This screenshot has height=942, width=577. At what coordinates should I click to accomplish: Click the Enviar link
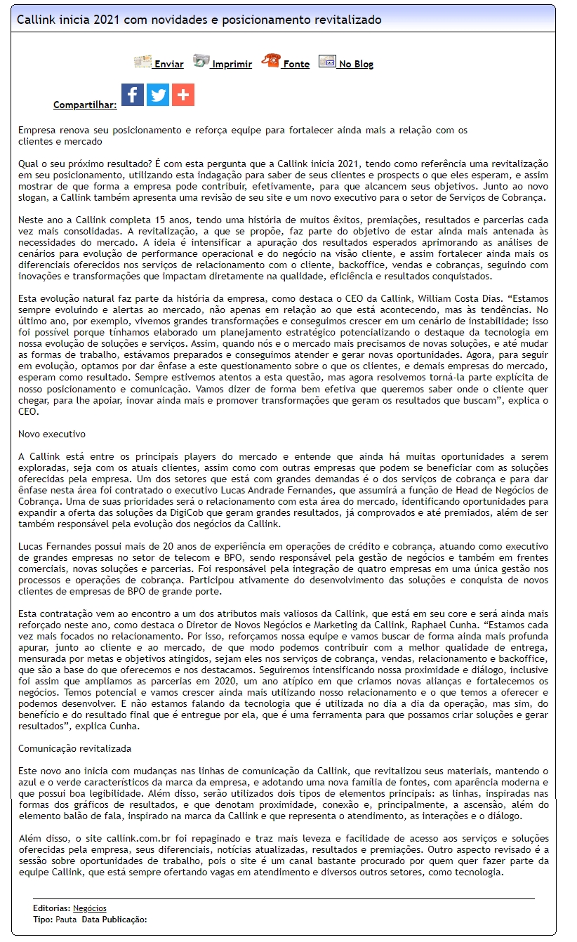point(168,64)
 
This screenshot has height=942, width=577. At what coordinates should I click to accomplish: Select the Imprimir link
point(232,64)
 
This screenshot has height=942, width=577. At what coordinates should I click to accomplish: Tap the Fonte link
point(296,64)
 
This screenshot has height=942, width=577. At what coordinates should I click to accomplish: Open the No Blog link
point(355,64)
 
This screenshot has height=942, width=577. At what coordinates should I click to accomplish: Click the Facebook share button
point(133,95)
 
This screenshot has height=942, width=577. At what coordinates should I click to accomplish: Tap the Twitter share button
point(158,95)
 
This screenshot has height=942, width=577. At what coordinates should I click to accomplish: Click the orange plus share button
point(183,95)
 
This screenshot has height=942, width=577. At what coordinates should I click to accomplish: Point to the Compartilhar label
point(85,105)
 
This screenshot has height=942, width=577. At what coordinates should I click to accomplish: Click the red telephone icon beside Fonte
point(270,61)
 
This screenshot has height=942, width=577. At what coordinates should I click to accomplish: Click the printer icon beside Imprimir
point(201,61)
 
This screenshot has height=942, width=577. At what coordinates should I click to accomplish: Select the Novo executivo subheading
point(52,434)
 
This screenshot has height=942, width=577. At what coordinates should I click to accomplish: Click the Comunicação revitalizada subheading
point(74,749)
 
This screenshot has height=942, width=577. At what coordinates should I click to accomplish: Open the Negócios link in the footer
point(90,908)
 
